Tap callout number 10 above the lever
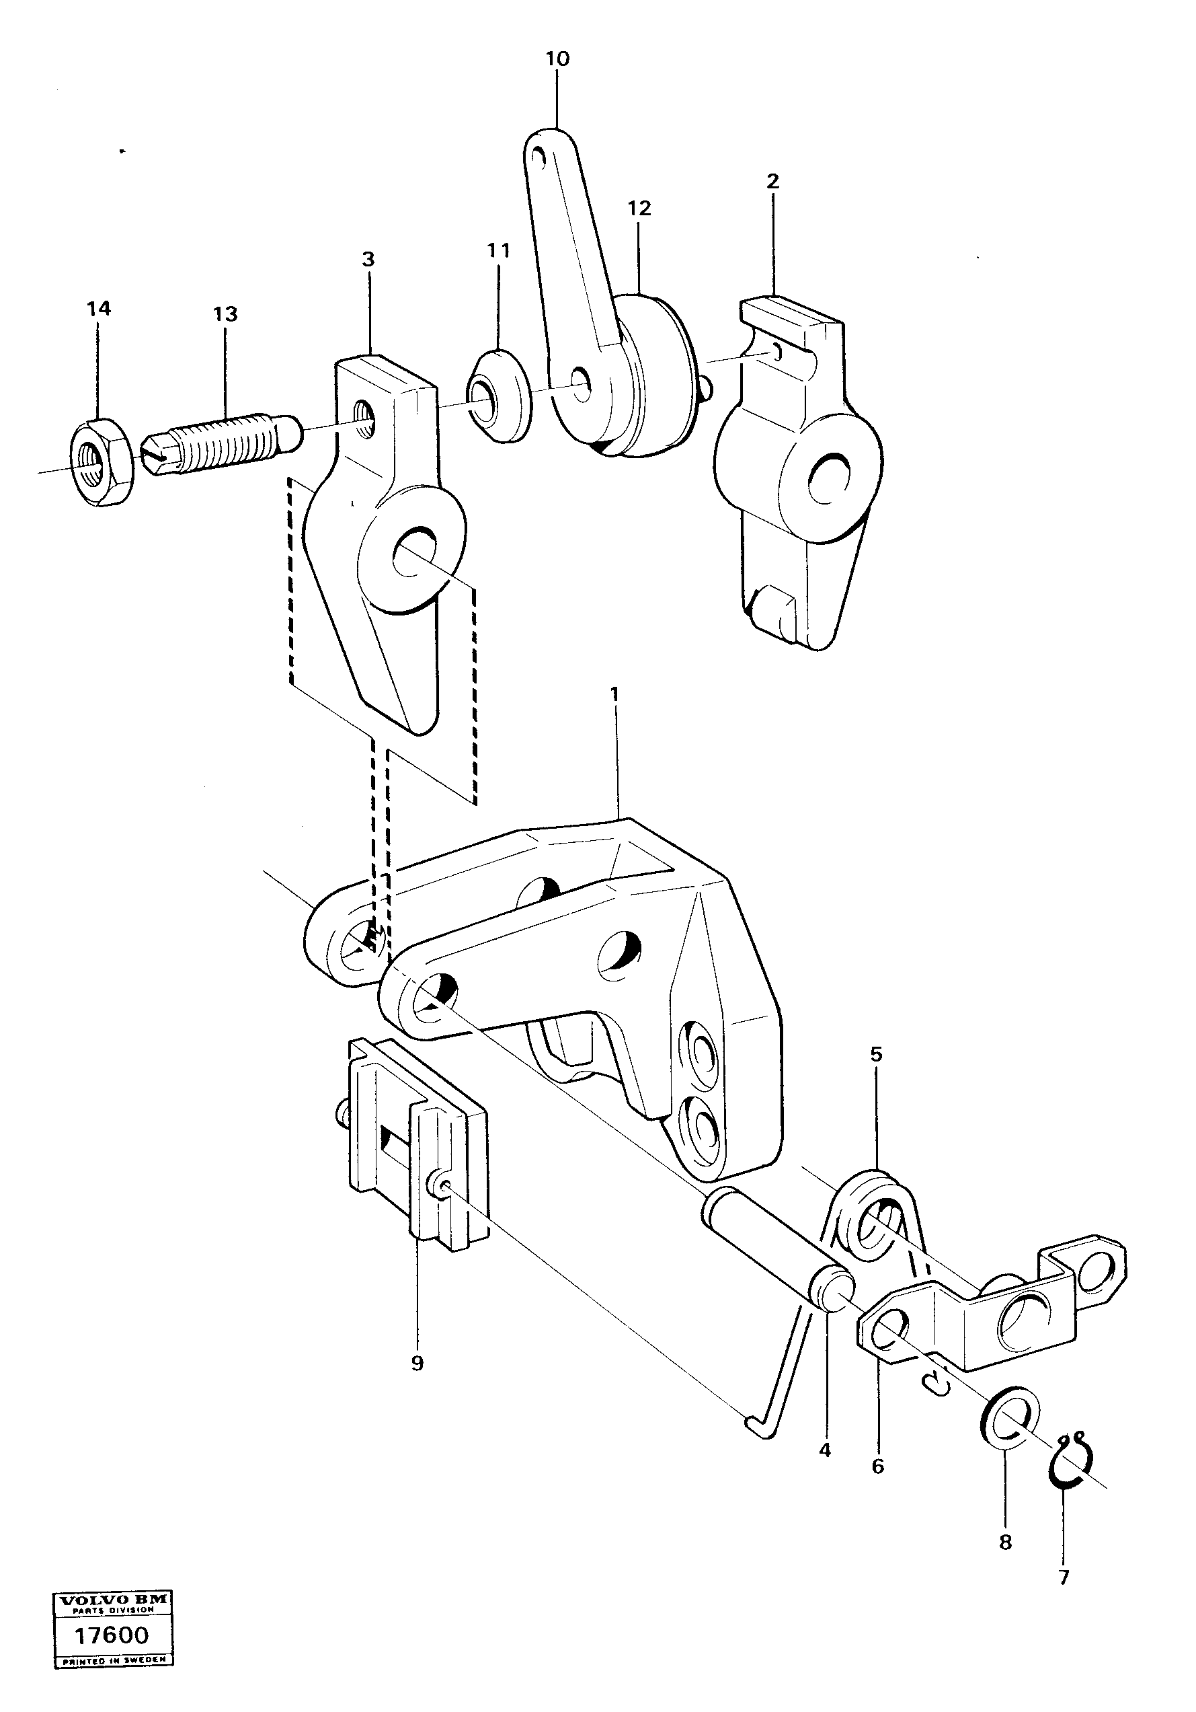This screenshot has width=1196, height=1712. tap(557, 59)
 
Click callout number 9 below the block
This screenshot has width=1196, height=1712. tap(417, 1363)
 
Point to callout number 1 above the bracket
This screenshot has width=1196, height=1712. tap(614, 694)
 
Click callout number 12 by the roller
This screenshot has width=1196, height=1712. tap(639, 209)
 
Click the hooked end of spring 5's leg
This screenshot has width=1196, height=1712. tap(758, 1425)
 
